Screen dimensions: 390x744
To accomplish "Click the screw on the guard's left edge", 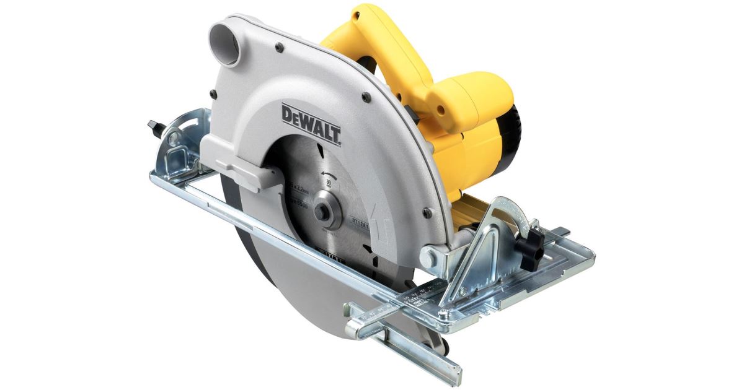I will (x=213, y=94).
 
